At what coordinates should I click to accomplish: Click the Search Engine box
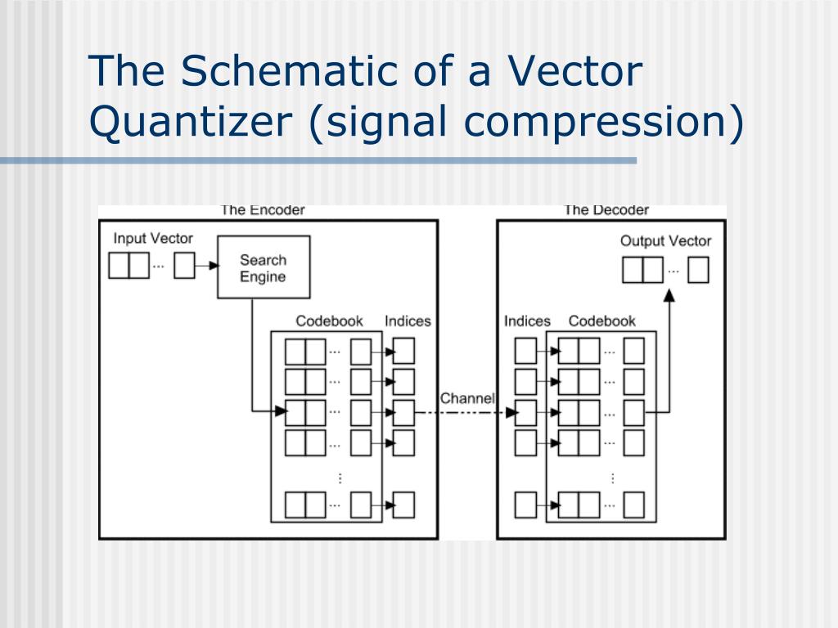pyautogui.click(x=263, y=267)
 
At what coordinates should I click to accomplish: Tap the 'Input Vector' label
pyautogui.click(x=153, y=239)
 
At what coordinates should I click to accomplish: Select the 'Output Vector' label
pyautogui.click(x=665, y=240)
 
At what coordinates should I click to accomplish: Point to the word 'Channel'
pyautogui.click(x=467, y=398)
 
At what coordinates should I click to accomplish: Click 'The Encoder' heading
pyautogui.click(x=262, y=210)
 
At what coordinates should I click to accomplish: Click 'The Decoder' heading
pyautogui.click(x=606, y=210)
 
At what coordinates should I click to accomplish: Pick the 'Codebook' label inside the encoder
pyautogui.click(x=329, y=321)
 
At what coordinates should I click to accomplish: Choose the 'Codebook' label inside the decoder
pyautogui.click(x=601, y=321)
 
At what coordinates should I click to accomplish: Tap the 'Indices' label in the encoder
pyautogui.click(x=408, y=321)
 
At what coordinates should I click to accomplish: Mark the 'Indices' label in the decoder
pyautogui.click(x=527, y=321)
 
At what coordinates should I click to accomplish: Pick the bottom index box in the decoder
pyautogui.click(x=525, y=505)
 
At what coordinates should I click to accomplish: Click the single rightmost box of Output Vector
pyautogui.click(x=698, y=270)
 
